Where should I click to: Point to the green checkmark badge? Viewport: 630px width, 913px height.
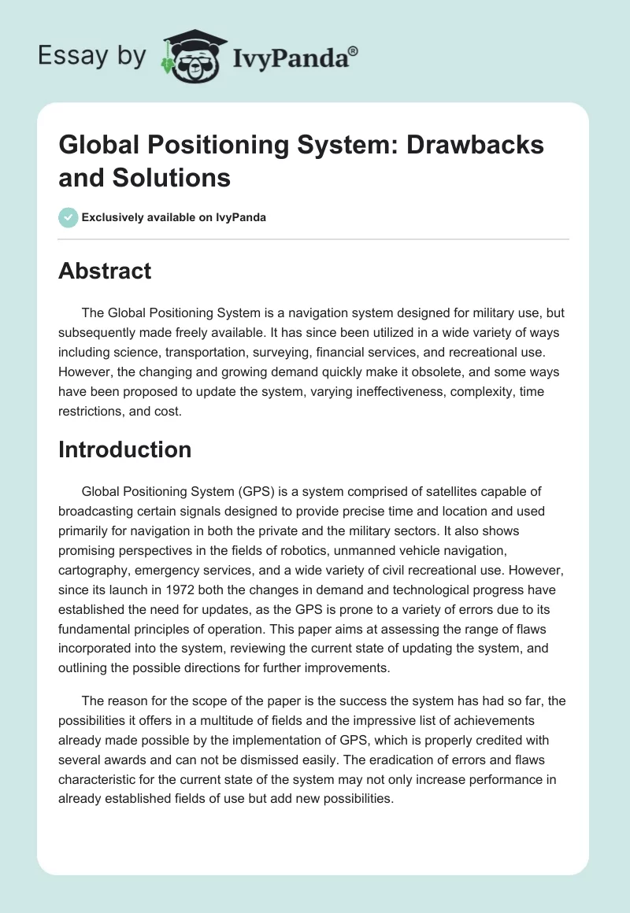(x=69, y=217)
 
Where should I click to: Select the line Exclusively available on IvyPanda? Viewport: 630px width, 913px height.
(x=173, y=217)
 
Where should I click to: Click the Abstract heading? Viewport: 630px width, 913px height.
(x=105, y=272)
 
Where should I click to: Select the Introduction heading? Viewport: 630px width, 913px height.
(x=125, y=449)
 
